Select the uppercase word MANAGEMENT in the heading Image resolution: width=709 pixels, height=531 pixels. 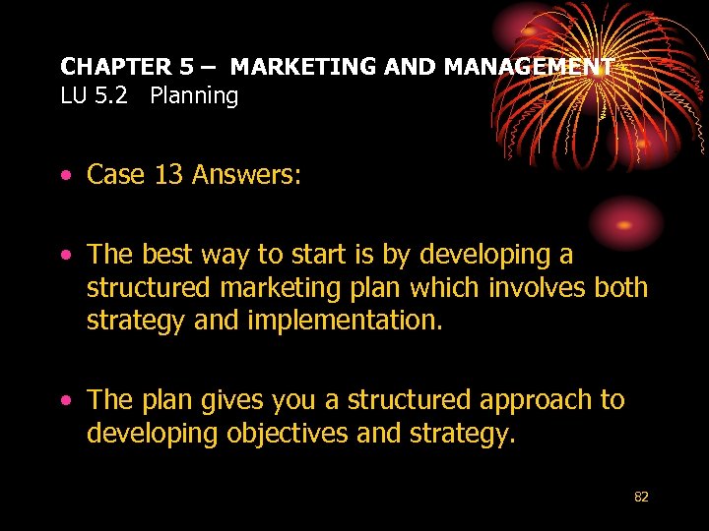pyautogui.click(x=529, y=67)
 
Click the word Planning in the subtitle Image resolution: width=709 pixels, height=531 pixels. pyautogui.click(x=194, y=96)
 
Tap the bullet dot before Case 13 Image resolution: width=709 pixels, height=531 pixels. pyautogui.click(x=65, y=176)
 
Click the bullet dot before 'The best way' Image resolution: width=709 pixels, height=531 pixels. pyautogui.click(x=65, y=256)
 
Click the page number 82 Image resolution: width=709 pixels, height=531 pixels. pyautogui.click(x=641, y=498)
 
